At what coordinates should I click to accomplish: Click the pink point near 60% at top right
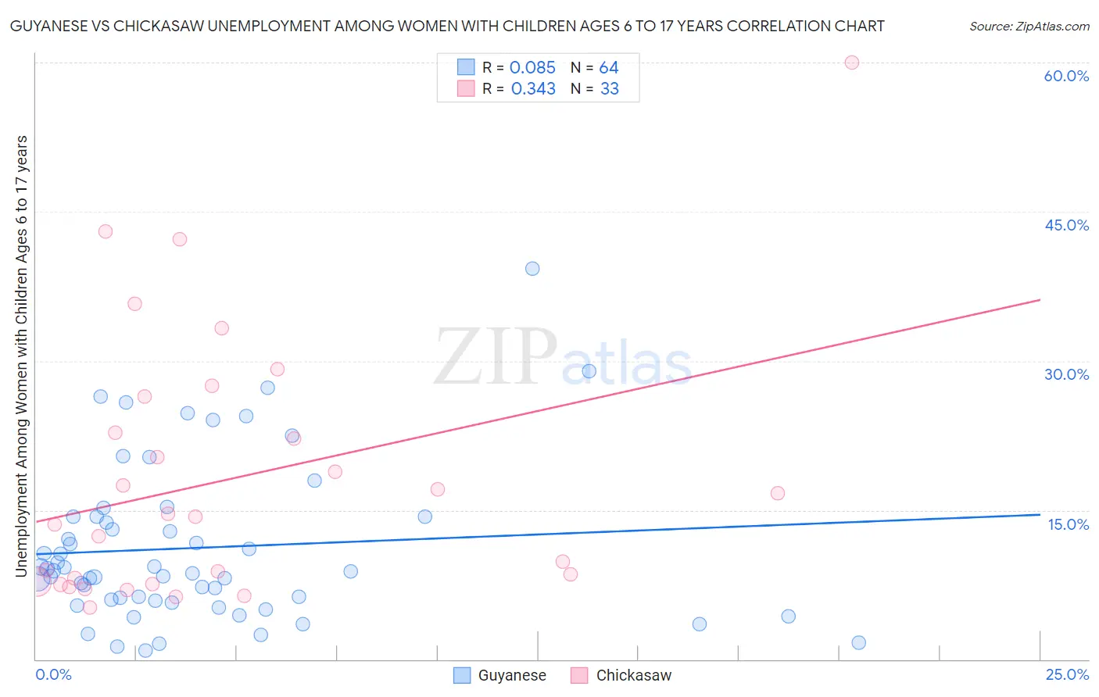(851, 63)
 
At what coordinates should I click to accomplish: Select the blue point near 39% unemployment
(532, 269)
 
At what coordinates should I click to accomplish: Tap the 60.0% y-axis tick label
(1066, 76)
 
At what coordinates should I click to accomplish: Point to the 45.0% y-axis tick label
(1066, 225)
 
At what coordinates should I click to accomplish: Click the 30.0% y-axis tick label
(1066, 374)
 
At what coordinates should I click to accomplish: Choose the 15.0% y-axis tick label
(1068, 524)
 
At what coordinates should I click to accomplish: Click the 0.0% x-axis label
(53, 674)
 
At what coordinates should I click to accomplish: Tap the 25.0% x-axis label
(1066, 674)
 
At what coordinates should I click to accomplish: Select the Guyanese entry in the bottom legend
(500, 675)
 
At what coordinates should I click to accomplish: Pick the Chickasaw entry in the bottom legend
(621, 675)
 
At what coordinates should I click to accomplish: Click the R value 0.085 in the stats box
(532, 68)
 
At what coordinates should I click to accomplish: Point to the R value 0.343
(533, 89)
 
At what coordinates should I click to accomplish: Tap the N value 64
(609, 68)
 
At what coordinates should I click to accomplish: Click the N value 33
(610, 89)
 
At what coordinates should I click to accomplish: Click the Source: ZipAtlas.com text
(1029, 27)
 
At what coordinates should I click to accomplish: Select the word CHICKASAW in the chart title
(160, 26)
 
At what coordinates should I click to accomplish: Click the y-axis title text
(21, 356)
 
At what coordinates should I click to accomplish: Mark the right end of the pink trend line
(1040, 300)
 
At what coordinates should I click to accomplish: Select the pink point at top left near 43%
(106, 231)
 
